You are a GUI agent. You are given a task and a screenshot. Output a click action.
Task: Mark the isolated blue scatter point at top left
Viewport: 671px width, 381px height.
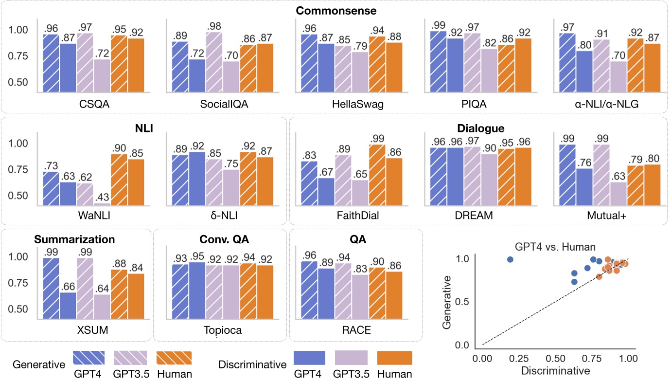pyautogui.click(x=510, y=259)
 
